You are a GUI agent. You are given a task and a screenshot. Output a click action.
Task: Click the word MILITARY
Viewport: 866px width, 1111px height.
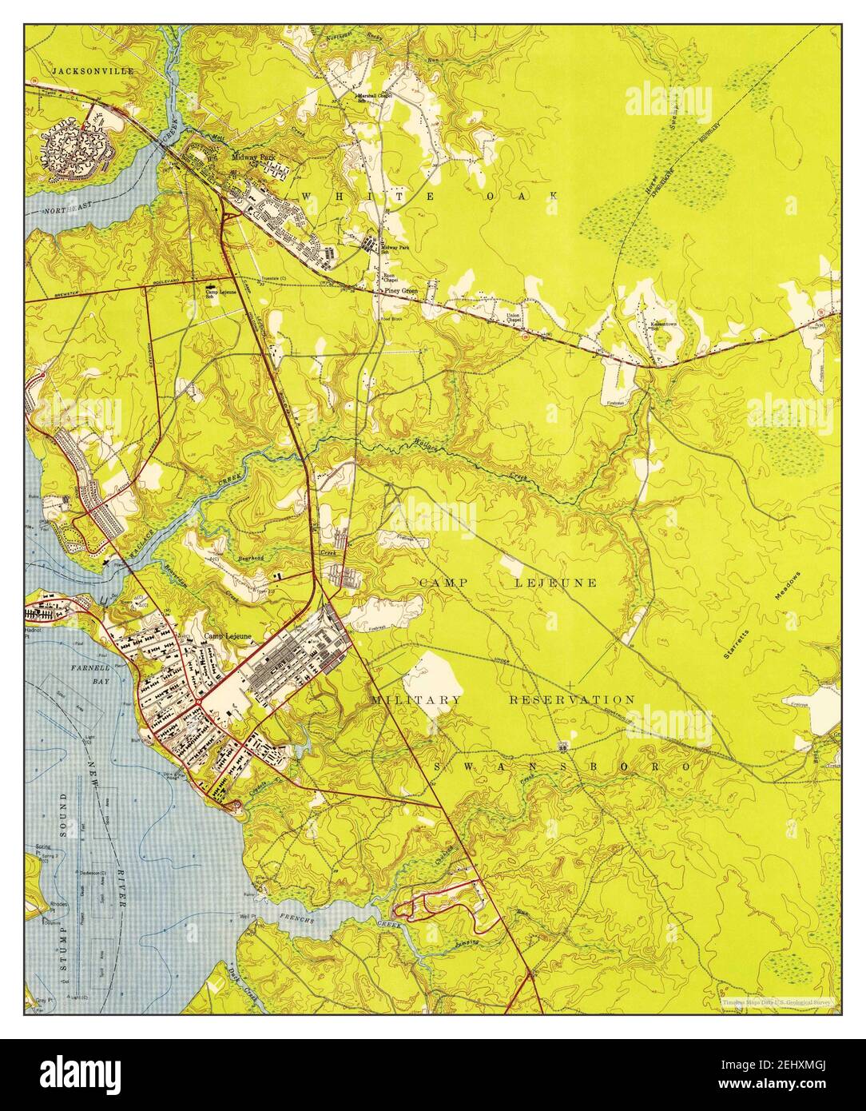click(x=415, y=700)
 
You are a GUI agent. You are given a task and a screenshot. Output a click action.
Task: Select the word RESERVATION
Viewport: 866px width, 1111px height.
click(x=572, y=700)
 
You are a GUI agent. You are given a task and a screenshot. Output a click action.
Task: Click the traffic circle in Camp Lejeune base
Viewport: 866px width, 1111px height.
click(x=197, y=704)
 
